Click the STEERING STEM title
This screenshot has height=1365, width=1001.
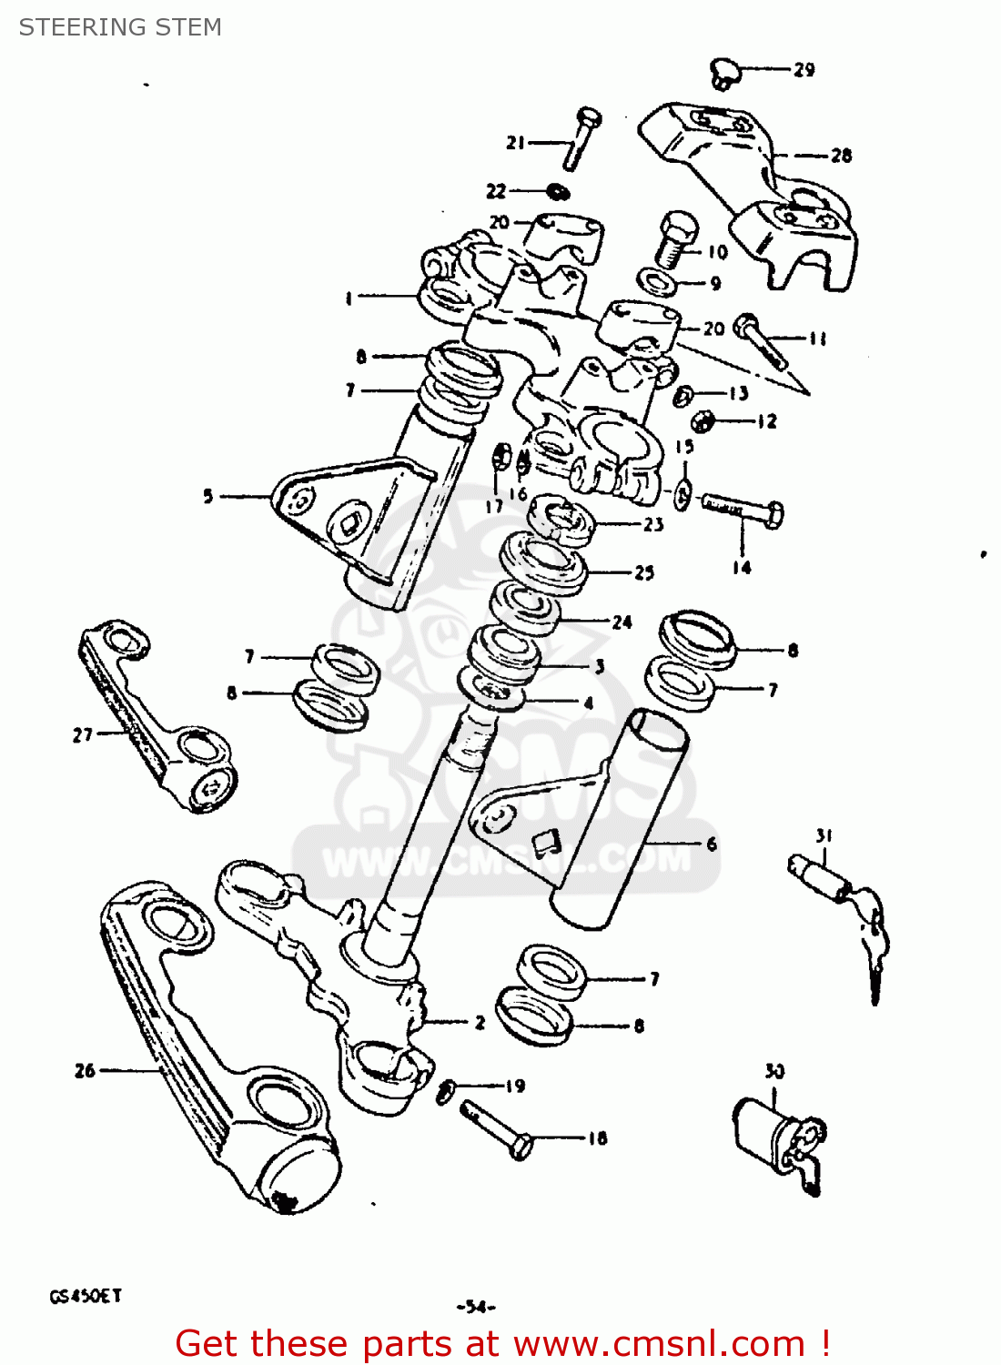click(x=120, y=27)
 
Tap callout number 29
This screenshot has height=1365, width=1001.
click(x=804, y=70)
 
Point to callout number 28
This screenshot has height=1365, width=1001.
click(x=841, y=156)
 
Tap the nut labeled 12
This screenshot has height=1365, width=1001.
click(x=702, y=420)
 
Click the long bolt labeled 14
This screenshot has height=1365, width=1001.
click(x=743, y=511)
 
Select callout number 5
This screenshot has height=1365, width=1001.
click(x=208, y=496)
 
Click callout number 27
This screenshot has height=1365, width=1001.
click(x=83, y=734)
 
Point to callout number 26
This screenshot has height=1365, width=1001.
click(x=85, y=1071)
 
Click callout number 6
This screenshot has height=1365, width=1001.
click(x=712, y=844)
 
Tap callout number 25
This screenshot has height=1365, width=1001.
click(x=644, y=572)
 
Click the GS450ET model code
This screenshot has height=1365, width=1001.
click(x=85, y=1296)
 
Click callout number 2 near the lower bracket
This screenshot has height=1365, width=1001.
click(x=480, y=1022)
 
